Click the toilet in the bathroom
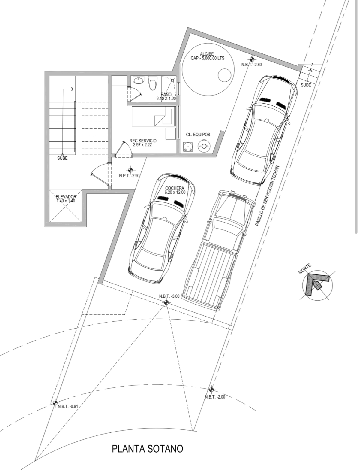click(153, 83)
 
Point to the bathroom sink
click(138, 80)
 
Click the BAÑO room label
click(166, 95)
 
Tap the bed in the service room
click(153, 116)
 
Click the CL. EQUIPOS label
click(198, 135)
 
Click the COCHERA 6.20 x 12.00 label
click(175, 190)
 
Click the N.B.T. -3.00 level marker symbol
click(166, 303)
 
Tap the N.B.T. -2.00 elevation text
click(215, 397)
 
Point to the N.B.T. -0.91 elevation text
click(68, 406)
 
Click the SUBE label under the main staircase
click(62, 158)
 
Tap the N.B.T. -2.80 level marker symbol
click(251, 59)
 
